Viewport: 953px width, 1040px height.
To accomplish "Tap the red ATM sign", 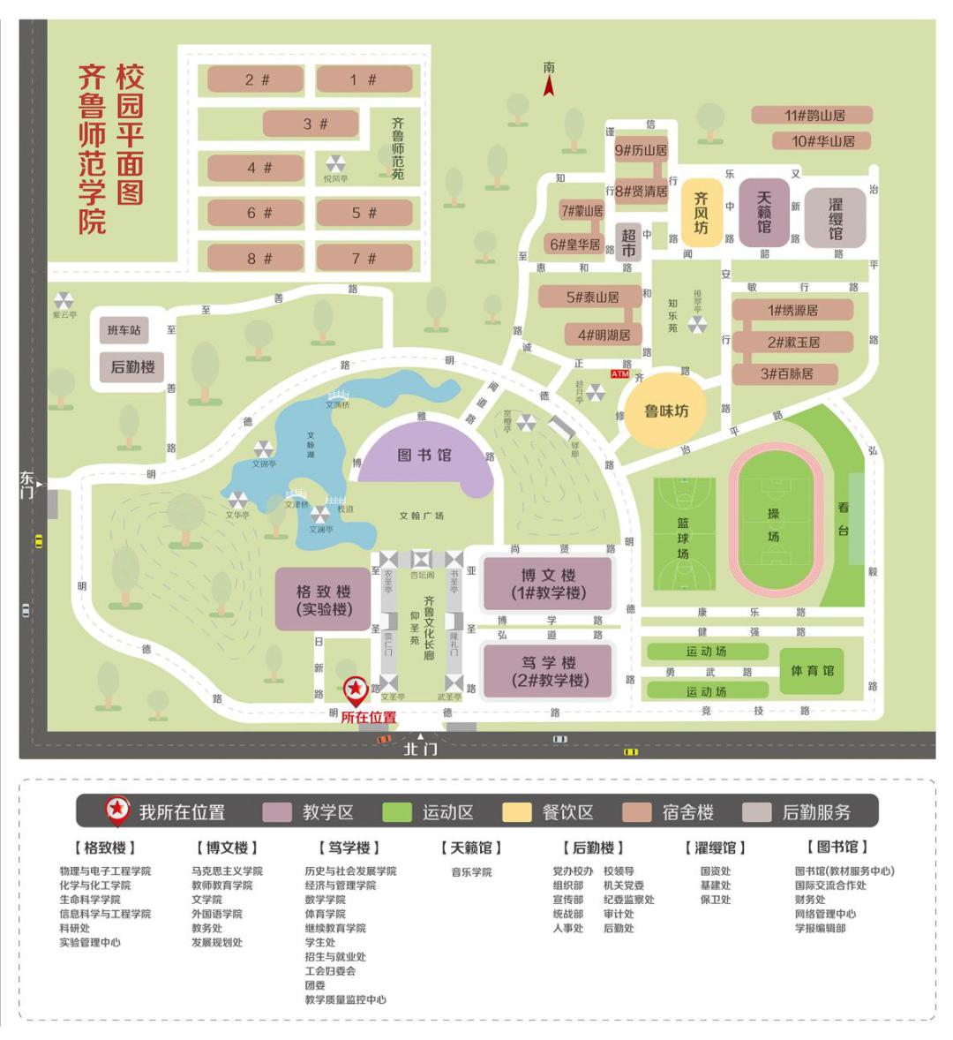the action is pyautogui.click(x=619, y=374).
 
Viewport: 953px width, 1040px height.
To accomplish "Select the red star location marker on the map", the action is pyautogui.click(x=356, y=688).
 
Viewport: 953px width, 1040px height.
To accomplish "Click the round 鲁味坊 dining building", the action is pyautogui.click(x=665, y=411).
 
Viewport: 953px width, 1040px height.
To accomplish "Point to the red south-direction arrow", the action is pyautogui.click(x=549, y=85).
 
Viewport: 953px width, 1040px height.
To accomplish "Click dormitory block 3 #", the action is pyautogui.click(x=310, y=124).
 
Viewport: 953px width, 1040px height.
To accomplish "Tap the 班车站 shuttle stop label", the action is pyautogui.click(x=124, y=330).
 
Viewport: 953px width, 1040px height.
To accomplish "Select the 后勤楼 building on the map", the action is pyautogui.click(x=132, y=366).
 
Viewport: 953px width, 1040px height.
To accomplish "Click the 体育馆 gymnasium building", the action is pyautogui.click(x=812, y=671).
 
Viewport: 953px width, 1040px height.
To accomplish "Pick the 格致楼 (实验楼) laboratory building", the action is pyautogui.click(x=323, y=599).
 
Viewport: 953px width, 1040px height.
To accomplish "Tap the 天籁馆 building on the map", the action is pyautogui.click(x=763, y=213).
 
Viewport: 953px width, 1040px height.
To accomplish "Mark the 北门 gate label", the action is pyautogui.click(x=420, y=749).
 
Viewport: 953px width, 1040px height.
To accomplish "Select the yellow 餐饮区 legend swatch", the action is pyautogui.click(x=517, y=812).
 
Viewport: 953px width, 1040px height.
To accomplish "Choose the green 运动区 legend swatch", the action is pyautogui.click(x=397, y=812).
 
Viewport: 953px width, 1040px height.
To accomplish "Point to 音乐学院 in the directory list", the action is pyautogui.click(x=471, y=872).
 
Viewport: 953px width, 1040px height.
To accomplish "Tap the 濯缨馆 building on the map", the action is pyautogui.click(x=835, y=218).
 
